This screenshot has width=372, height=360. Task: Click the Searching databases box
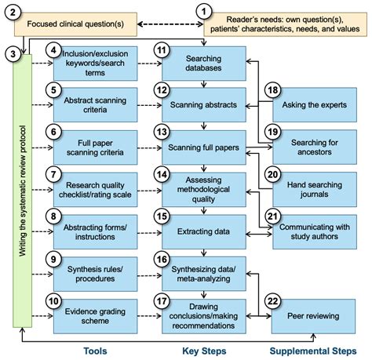coord(202,65)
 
